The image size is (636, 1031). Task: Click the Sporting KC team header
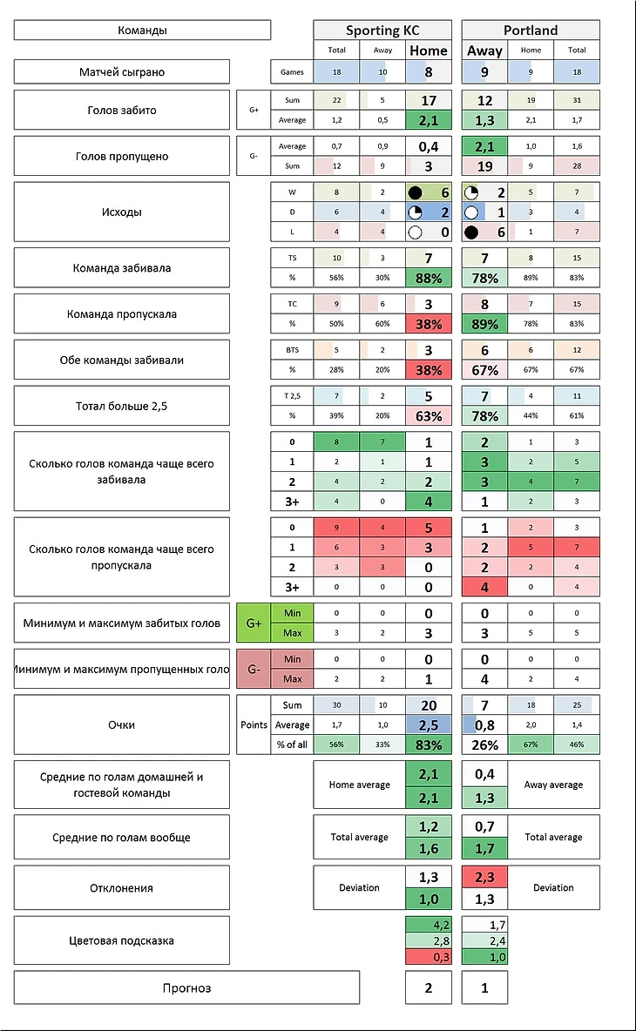click(382, 30)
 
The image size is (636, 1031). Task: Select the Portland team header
click(530, 30)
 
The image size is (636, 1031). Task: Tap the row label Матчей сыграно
click(122, 71)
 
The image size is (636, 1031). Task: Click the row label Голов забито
click(122, 111)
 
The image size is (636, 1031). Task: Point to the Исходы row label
click(122, 211)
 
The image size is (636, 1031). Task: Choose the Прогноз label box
click(186, 987)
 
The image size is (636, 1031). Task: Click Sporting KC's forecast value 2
click(428, 987)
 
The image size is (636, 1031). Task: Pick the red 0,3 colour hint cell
click(428, 957)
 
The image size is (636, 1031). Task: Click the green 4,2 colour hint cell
click(428, 925)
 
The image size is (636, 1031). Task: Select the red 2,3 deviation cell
click(484, 877)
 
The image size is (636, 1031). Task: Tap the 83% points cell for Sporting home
click(428, 745)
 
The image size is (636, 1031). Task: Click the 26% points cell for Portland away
click(484, 745)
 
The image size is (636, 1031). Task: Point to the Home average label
click(359, 785)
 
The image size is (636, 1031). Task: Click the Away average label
click(553, 785)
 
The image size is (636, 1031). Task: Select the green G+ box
click(254, 623)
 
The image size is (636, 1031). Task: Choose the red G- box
click(254, 669)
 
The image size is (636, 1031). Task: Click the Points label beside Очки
click(254, 724)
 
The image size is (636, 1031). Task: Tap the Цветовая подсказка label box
click(122, 940)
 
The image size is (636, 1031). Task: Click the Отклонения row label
click(122, 888)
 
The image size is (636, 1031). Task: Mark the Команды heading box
click(142, 30)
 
